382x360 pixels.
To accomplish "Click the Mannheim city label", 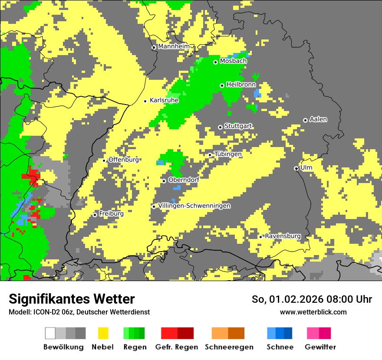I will point(174,46).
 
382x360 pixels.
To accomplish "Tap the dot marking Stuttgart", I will point(220,127).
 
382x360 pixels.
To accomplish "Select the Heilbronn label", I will point(241,85).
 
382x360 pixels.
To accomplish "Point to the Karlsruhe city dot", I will point(145,101).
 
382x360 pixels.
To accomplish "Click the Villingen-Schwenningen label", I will point(194,206).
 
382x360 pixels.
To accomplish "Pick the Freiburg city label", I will point(111,214).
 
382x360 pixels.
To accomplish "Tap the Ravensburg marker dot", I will point(261,237).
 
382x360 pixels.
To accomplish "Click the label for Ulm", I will point(306,167).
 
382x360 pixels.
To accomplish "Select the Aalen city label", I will point(318,119).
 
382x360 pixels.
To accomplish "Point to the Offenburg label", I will point(123,160).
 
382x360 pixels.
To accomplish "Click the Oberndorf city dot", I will point(164,181).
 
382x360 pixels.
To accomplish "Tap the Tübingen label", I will point(228,154).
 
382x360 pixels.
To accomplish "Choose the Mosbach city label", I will point(233,61).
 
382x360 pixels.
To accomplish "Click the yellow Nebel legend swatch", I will point(103,333).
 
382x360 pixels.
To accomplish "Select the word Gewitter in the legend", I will point(320,347).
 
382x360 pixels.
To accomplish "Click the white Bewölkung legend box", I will point(50,333).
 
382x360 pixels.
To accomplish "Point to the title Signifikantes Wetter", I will point(72,299).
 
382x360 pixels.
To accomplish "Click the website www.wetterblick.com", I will point(313,312).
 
